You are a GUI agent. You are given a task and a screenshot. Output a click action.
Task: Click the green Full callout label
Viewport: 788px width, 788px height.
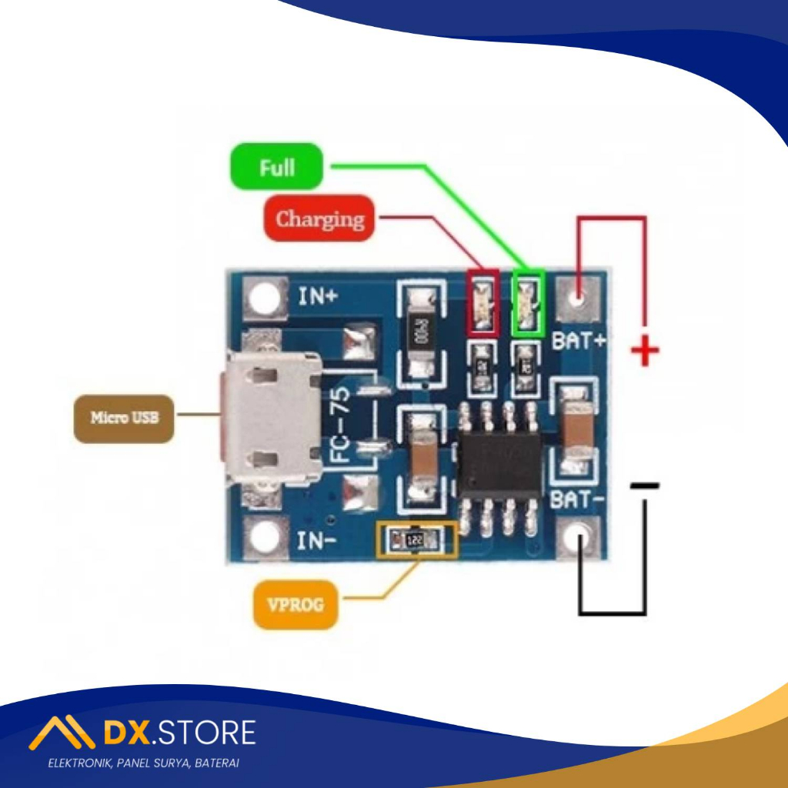coord(276,166)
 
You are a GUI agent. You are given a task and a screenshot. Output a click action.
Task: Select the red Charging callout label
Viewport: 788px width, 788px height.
coord(319,219)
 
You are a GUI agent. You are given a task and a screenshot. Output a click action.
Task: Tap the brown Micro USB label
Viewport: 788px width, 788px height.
coord(124,418)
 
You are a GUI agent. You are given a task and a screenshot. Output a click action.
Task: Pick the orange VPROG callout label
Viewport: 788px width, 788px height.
coord(295,605)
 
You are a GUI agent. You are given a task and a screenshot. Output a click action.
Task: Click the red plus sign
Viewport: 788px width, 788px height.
coord(645,353)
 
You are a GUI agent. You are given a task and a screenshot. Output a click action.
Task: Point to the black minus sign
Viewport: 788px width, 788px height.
coord(645,486)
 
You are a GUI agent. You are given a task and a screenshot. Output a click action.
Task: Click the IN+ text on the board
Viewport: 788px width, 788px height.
coord(319,295)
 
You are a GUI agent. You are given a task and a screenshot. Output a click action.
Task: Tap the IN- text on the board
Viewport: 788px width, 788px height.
coord(317,541)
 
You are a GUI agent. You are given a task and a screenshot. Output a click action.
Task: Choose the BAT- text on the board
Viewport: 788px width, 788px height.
coord(577,500)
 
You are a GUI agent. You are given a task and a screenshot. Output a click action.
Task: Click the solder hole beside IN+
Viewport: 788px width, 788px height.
coord(265,298)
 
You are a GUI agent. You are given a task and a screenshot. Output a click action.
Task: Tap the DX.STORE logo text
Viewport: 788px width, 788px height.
coord(178,733)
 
